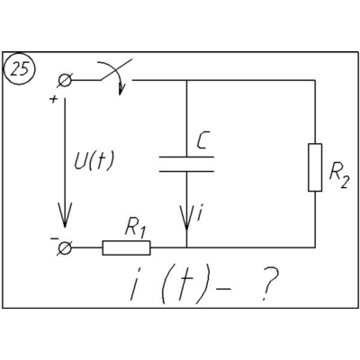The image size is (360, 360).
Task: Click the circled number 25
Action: pyautogui.click(x=19, y=70)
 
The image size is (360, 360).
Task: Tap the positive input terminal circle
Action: pyautogui.click(x=65, y=80)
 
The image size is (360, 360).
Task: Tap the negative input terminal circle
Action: pyautogui.click(x=64, y=248)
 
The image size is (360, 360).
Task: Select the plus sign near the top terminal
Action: pyautogui.click(x=53, y=99)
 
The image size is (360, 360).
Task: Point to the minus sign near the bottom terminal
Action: pyautogui.click(x=54, y=238)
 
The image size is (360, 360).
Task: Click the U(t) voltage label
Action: pyautogui.click(x=94, y=161)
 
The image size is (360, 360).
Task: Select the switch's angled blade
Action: pyautogui.click(x=116, y=69)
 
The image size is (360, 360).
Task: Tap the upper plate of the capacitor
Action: pyautogui.click(x=186, y=157)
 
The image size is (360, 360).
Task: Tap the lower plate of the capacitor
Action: pyautogui.click(x=186, y=171)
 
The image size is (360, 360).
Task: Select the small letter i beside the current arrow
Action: pyautogui.click(x=200, y=212)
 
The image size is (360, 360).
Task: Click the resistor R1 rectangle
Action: pyautogui.click(x=126, y=248)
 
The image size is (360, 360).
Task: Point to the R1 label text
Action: pyautogui.click(x=135, y=228)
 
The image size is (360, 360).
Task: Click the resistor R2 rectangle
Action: pyautogui.click(x=315, y=167)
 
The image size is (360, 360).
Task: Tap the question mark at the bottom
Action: pyautogui.click(x=269, y=283)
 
